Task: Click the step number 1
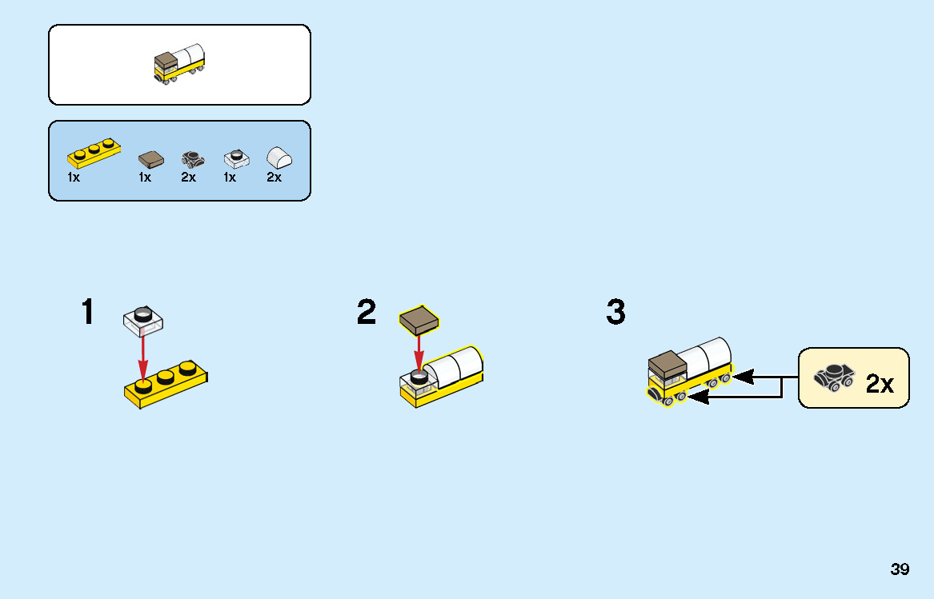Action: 87,312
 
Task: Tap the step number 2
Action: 367,312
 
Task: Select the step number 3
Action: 616,312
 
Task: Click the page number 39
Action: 900,569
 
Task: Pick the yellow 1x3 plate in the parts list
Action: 94,153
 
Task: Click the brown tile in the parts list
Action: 151,159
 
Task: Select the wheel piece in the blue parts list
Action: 193,159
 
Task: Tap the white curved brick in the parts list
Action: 279,158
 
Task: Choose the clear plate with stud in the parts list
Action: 236,158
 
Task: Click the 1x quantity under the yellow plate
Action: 74,178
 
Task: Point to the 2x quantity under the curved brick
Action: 274,178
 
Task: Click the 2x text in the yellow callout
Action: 880,384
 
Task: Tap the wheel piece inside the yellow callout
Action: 834,377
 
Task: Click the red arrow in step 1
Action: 143,353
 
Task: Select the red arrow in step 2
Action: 419,353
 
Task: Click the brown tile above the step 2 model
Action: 419,320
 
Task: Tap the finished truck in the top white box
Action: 179,63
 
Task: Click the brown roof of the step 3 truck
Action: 667,363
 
